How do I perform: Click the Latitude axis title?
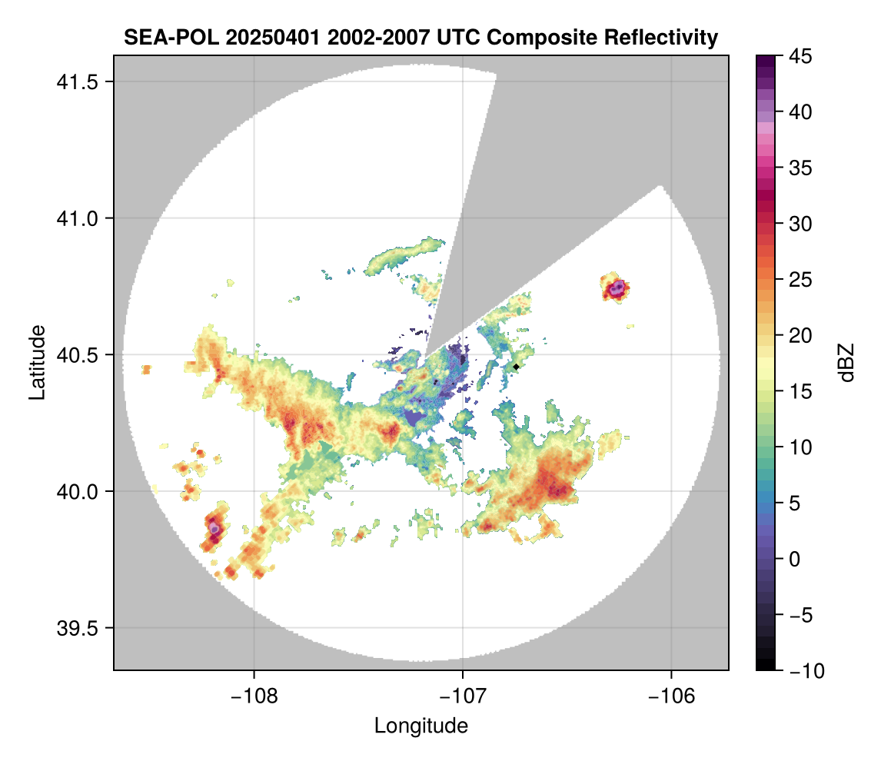click(x=36, y=361)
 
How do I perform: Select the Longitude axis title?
click(x=421, y=725)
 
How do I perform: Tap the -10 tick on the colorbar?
click(x=800, y=670)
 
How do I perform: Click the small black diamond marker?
click(x=517, y=367)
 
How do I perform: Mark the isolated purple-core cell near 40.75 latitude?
click(x=617, y=289)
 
